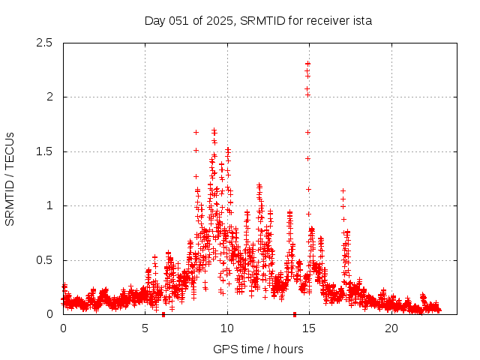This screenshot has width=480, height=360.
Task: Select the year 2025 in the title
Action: [217, 20]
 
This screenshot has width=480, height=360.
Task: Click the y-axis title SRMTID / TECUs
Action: [10, 178]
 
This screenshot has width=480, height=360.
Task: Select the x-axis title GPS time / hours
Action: [258, 349]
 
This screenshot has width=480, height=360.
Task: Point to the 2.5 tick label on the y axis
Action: [44, 43]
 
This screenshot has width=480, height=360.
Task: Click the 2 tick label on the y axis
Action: [49, 97]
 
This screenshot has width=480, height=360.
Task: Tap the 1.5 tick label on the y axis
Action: [44, 151]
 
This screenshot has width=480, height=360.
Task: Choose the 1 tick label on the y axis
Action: [49, 205]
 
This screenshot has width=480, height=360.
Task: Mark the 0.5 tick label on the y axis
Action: [44, 260]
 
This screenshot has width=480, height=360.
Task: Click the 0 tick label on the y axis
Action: [49, 314]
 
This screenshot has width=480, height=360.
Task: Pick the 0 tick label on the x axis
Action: [63, 328]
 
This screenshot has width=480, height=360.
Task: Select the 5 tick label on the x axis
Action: [145, 328]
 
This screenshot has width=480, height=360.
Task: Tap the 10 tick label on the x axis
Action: [227, 328]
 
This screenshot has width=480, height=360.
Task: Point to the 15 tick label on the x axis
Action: [310, 328]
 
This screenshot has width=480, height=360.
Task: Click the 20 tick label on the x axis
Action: [391, 328]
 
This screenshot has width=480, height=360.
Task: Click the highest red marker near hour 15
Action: [308, 64]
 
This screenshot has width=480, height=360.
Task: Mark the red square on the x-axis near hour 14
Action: [295, 314]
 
